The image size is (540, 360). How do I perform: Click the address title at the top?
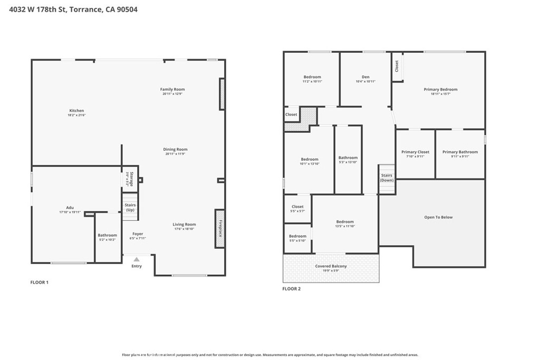click(73, 9)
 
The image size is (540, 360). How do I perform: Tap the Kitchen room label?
click(76, 112)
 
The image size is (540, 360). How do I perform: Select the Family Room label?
click(172, 91)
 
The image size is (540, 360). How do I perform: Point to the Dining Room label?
click(176, 151)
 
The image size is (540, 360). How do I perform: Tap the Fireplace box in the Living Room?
click(220, 228)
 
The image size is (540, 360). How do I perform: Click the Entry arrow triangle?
click(137, 259)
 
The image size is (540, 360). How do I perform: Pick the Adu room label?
click(70, 209)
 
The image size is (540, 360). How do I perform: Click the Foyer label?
click(137, 236)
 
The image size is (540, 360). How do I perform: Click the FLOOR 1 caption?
click(39, 283)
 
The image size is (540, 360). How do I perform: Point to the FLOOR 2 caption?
click(291, 289)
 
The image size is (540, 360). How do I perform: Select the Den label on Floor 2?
click(365, 79)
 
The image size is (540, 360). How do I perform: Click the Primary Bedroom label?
click(440, 91)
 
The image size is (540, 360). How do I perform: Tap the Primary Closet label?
click(415, 153)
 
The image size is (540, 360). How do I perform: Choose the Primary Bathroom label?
click(460, 153)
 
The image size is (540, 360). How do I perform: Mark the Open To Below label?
click(438, 217)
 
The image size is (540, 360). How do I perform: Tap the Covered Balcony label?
click(331, 268)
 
